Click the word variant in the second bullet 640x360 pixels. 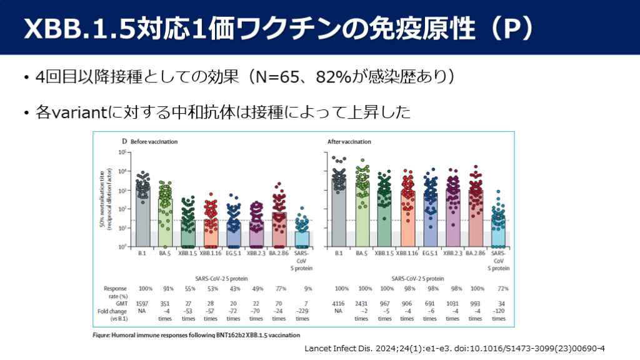click(x=79, y=112)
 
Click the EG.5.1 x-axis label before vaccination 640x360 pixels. click(x=234, y=254)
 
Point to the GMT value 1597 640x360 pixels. click(x=142, y=302)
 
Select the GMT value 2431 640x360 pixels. click(x=362, y=302)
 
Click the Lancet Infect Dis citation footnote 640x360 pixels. click(x=456, y=348)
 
